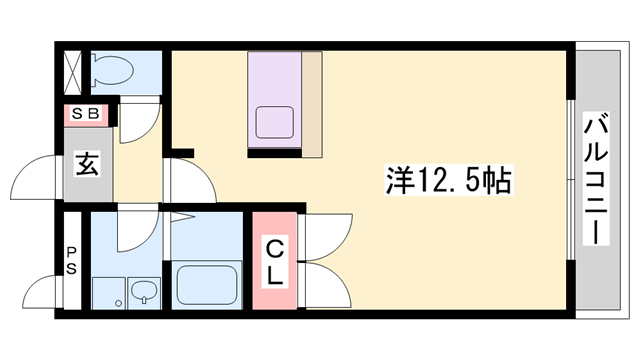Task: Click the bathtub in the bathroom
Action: click(x=207, y=284)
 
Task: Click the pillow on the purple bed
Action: click(x=276, y=122)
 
